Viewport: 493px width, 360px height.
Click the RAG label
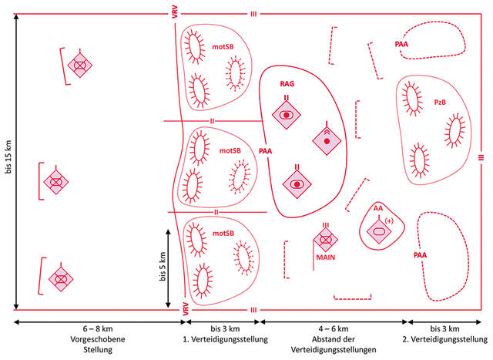tap(287, 84)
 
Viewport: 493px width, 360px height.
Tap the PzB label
tap(440, 103)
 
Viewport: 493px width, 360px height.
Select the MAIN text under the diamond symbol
tap(325, 257)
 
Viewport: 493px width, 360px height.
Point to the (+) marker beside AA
tap(389, 221)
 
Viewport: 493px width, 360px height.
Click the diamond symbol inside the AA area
tap(379, 231)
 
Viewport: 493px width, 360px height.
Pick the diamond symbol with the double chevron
tap(327, 140)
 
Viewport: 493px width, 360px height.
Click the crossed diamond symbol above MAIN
tap(325, 240)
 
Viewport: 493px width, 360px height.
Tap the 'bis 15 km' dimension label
tap(8, 156)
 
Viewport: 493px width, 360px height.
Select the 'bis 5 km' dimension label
tap(163, 267)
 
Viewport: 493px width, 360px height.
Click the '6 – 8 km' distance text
tap(98, 329)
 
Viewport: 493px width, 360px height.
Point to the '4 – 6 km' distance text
tap(334, 329)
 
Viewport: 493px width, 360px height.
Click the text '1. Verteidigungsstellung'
tap(226, 339)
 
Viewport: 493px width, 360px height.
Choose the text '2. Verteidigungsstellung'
tap(445, 339)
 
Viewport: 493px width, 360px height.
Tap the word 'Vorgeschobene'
tap(98, 339)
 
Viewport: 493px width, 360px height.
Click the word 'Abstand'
tap(325, 339)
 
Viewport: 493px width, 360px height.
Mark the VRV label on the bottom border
tap(186, 309)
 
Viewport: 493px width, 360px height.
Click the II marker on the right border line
tap(481, 157)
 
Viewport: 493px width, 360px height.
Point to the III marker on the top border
tap(253, 14)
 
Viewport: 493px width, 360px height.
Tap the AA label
tap(378, 208)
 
